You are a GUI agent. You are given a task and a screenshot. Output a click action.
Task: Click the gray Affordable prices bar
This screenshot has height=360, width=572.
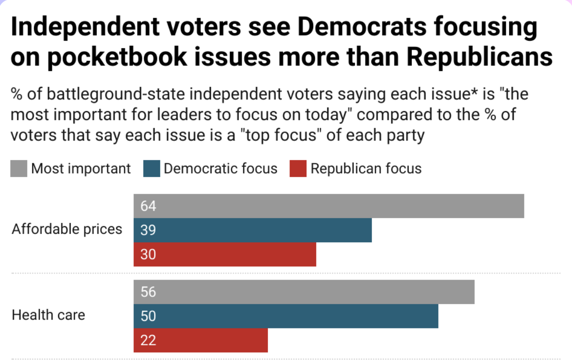(x=329, y=206)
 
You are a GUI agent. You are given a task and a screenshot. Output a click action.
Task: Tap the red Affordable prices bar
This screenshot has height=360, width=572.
(x=225, y=255)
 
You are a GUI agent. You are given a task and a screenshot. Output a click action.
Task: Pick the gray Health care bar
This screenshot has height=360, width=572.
(x=304, y=292)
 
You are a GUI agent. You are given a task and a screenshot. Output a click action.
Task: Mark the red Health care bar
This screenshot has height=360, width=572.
(x=201, y=340)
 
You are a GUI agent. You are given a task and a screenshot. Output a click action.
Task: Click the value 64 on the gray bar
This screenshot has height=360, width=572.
(x=148, y=206)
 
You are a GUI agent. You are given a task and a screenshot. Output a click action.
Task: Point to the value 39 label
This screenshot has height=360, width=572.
(x=148, y=230)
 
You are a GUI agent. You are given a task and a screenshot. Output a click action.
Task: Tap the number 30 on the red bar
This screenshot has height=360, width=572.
(x=148, y=255)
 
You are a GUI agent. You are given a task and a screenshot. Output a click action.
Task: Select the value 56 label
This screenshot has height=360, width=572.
(x=148, y=292)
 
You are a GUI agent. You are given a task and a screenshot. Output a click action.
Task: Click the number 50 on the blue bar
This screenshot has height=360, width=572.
(x=148, y=316)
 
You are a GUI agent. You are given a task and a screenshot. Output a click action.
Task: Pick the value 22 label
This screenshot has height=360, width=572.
(x=148, y=340)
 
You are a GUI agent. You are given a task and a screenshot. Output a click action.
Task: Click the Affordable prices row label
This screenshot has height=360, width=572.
(x=67, y=229)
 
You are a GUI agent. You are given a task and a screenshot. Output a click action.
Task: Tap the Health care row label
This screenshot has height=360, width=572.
(x=48, y=315)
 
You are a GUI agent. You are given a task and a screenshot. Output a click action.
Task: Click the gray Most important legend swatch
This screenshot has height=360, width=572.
(x=19, y=169)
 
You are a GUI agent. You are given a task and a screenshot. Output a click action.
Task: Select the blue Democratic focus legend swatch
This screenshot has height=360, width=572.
(x=151, y=169)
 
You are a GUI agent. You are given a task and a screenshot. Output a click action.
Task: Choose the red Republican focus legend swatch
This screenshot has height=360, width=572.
(x=298, y=169)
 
